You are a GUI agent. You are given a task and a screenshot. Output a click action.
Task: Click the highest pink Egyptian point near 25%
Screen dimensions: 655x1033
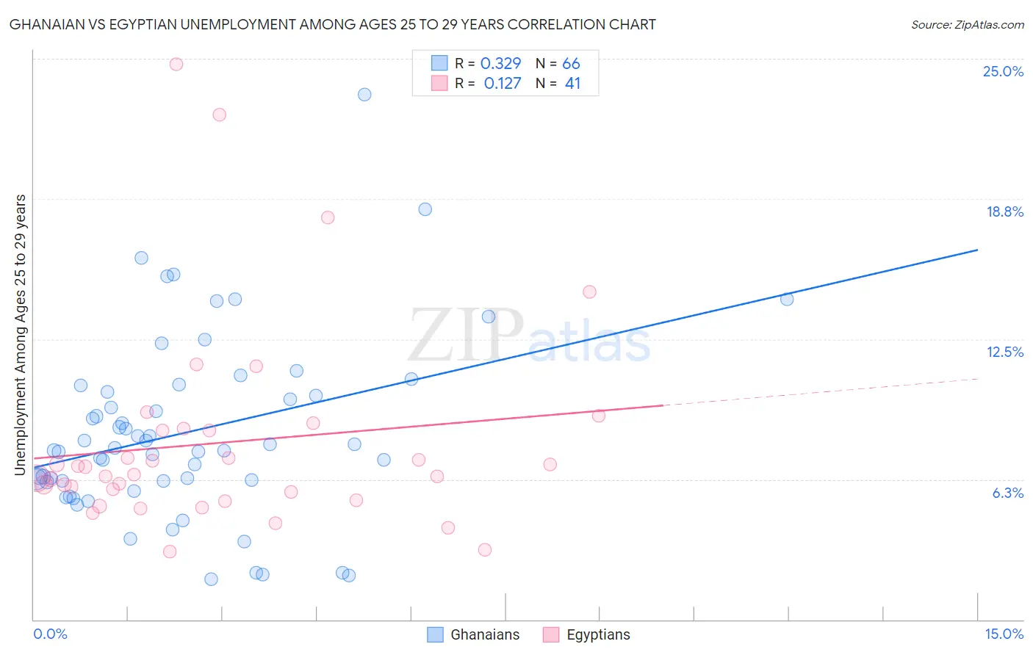(x=176, y=64)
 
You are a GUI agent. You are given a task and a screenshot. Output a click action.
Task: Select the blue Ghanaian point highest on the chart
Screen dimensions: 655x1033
(x=364, y=95)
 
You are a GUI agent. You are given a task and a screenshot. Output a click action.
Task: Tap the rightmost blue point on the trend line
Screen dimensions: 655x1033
(x=787, y=299)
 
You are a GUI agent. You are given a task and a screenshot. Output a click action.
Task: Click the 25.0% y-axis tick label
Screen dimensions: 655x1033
(x=1003, y=71)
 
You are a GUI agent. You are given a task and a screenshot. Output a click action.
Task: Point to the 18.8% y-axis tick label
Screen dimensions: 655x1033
(x=1004, y=211)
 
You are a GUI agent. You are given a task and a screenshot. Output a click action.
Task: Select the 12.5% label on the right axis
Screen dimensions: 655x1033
(x=1004, y=352)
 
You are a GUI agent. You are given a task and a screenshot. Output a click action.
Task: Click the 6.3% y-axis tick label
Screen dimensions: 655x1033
(x=1007, y=493)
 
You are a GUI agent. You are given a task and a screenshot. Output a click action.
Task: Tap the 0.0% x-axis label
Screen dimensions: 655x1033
(x=50, y=634)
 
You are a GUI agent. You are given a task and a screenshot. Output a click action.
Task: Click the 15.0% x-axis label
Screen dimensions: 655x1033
(x=1004, y=634)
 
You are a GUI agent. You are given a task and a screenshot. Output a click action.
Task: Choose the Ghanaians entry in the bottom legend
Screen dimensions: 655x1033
(x=484, y=634)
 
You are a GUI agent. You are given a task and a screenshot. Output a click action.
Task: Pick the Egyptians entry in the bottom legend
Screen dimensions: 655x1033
(x=597, y=634)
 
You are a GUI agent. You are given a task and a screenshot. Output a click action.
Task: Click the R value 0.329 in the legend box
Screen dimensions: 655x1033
(x=500, y=64)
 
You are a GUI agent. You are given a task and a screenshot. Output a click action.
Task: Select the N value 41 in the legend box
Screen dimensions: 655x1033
(x=572, y=84)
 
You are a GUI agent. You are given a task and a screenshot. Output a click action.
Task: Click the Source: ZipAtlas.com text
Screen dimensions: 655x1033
(x=967, y=24)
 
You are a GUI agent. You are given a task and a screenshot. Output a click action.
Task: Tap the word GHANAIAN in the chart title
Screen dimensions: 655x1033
(x=46, y=24)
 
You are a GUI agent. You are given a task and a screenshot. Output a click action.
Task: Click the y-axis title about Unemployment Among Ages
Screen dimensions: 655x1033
(x=21, y=334)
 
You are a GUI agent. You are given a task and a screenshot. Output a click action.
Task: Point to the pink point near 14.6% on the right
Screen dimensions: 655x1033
(x=589, y=292)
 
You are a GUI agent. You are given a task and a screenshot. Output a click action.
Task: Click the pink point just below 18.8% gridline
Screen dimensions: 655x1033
(x=328, y=217)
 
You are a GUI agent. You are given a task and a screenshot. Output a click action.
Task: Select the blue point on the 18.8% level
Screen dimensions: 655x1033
(x=425, y=209)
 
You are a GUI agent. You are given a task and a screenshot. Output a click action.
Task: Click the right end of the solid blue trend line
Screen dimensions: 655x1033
(x=977, y=250)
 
